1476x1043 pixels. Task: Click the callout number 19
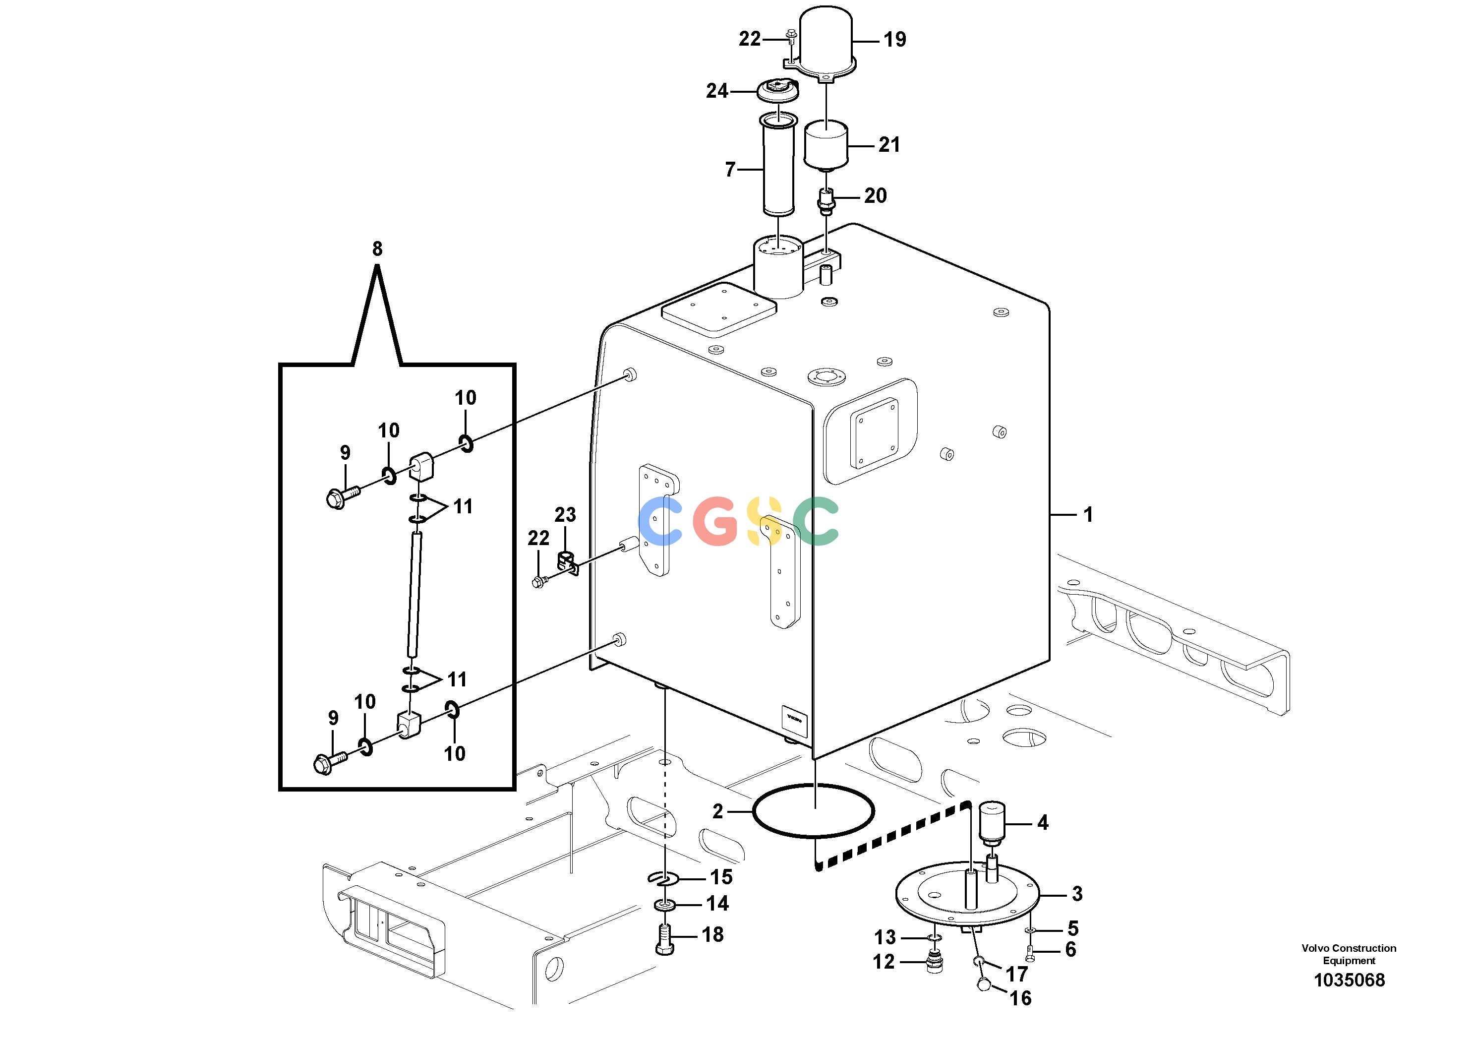[894, 39]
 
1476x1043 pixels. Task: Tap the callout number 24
[717, 91]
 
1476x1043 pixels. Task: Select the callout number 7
[730, 169]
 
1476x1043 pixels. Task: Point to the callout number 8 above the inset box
[377, 249]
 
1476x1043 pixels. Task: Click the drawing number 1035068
[1350, 980]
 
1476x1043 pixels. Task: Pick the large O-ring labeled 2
[813, 811]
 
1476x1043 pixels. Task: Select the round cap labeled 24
[778, 90]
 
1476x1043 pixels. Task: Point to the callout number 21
[889, 145]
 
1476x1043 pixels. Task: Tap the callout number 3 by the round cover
[1077, 893]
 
